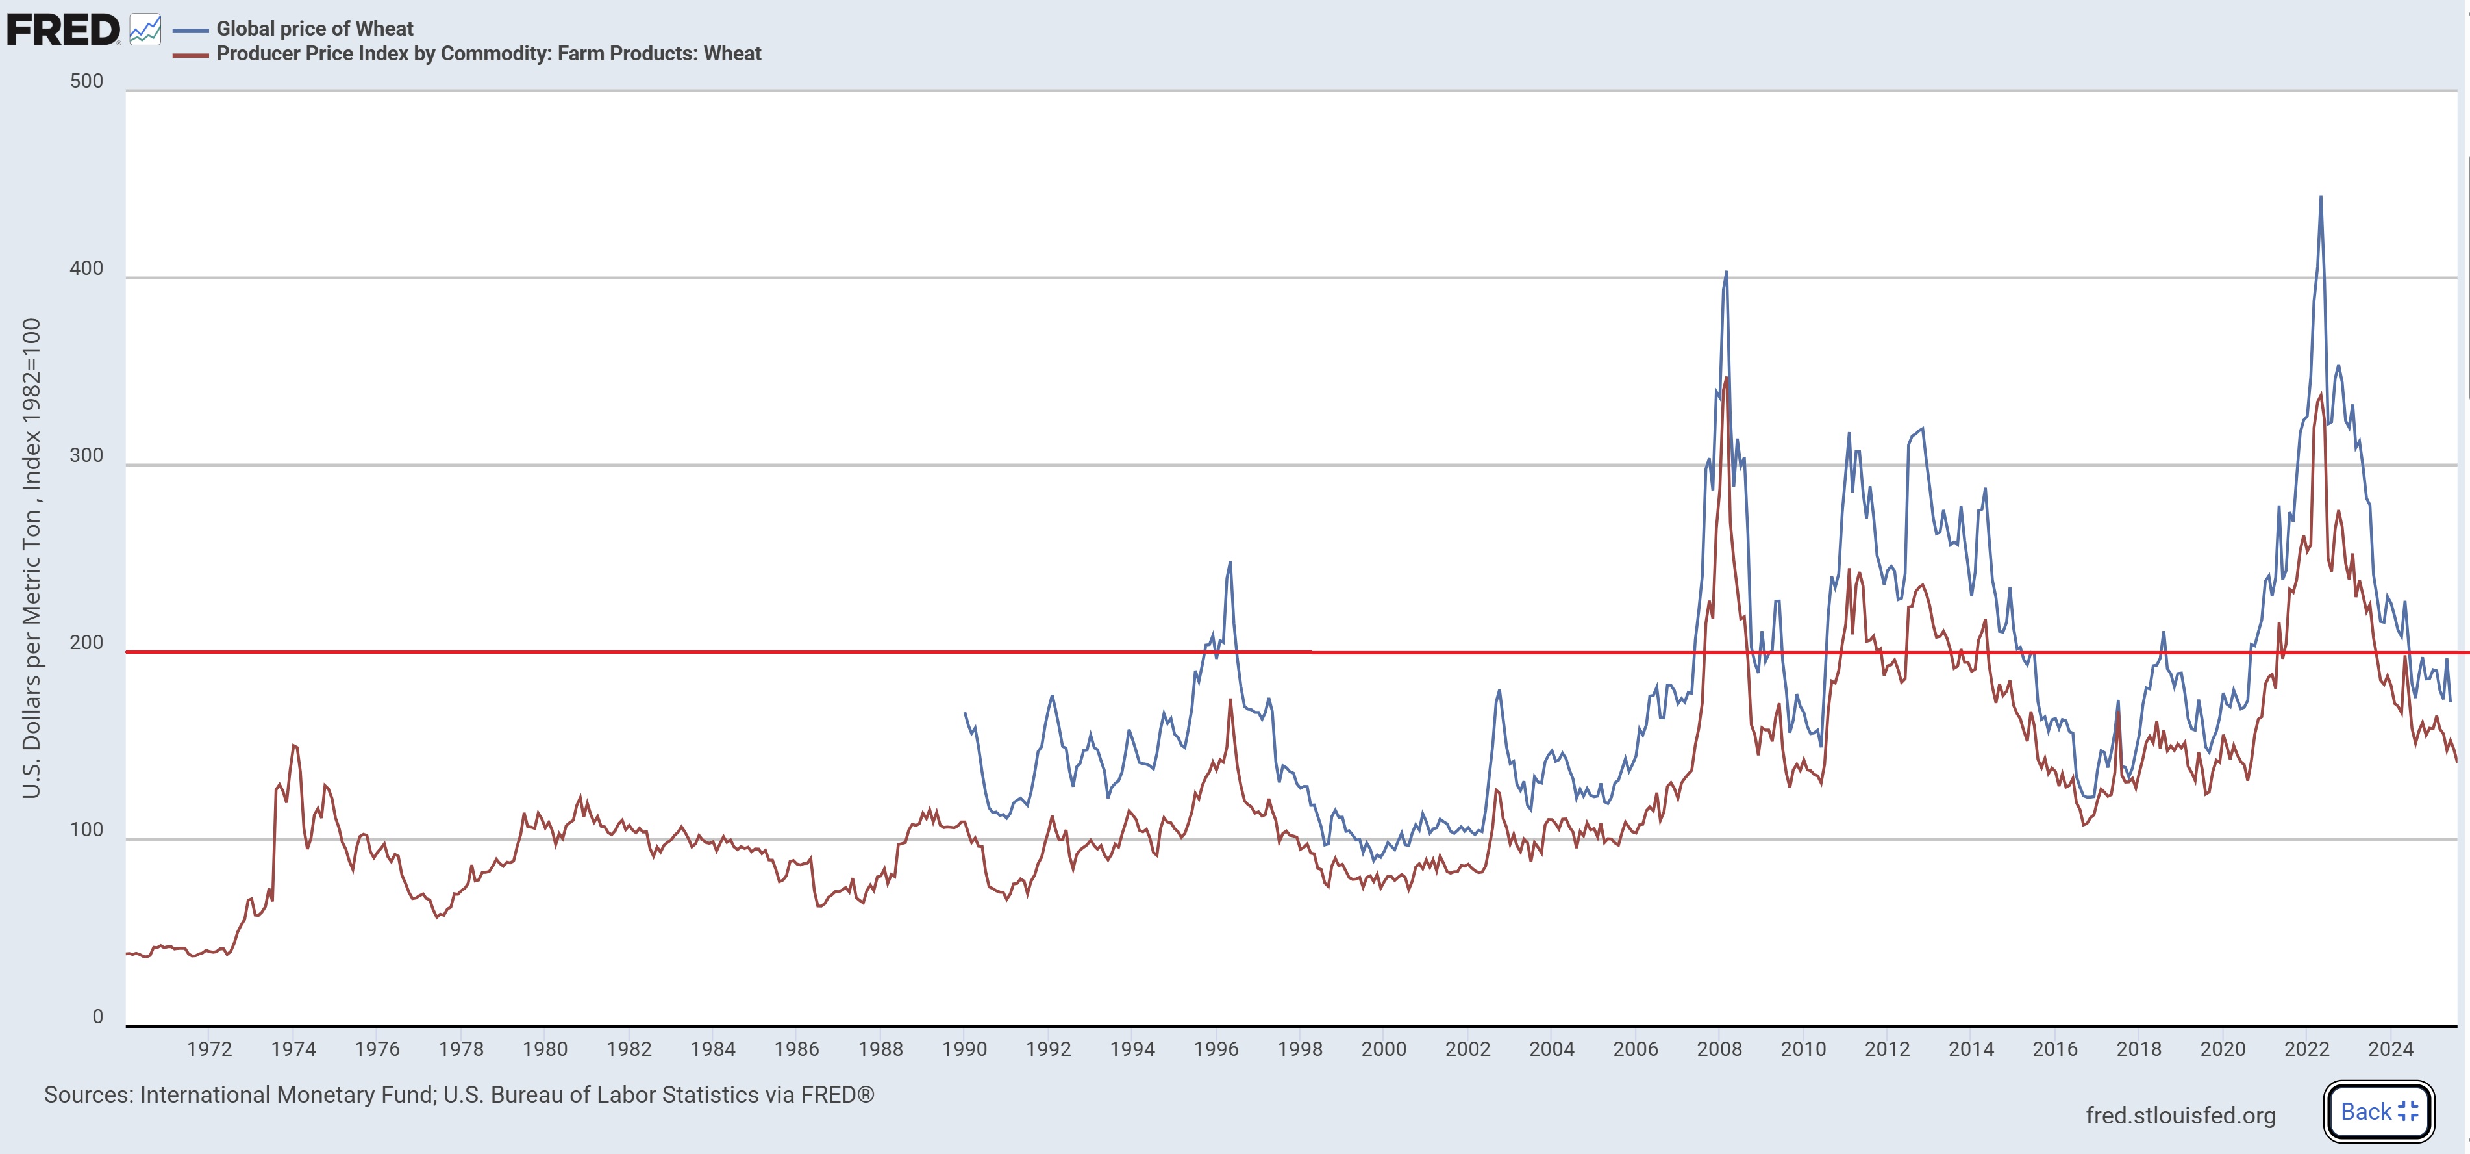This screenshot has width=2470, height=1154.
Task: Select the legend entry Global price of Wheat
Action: coord(314,29)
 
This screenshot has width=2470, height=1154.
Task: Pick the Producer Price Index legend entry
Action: coord(488,54)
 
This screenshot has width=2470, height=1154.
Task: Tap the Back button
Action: coord(2378,1111)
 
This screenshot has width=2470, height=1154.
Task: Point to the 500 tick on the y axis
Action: coord(86,81)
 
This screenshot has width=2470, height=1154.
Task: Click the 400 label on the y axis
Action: coord(86,268)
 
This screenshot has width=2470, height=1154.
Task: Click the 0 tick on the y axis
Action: coord(98,1017)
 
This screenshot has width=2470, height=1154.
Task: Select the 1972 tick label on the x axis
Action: coord(210,1049)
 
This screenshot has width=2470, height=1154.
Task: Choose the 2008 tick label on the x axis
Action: coord(1719,1049)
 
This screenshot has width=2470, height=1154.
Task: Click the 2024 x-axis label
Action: coord(2390,1049)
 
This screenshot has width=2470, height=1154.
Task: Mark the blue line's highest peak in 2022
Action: coord(2321,197)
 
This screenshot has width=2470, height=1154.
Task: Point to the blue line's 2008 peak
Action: coord(1726,272)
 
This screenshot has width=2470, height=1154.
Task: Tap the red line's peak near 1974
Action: coord(293,745)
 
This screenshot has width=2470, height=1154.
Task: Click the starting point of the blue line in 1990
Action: coord(965,713)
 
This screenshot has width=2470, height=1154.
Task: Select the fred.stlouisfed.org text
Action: coord(2180,1114)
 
